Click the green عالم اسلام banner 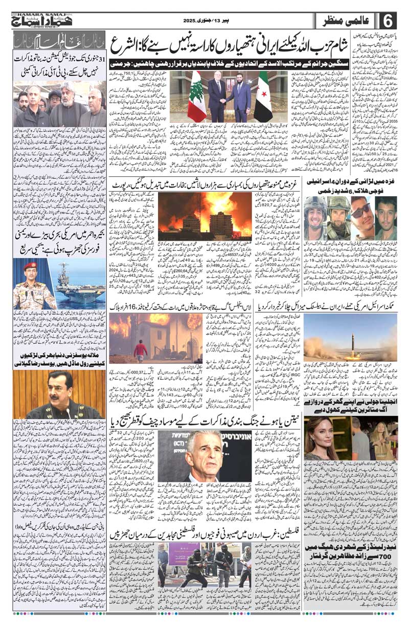[59, 40]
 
